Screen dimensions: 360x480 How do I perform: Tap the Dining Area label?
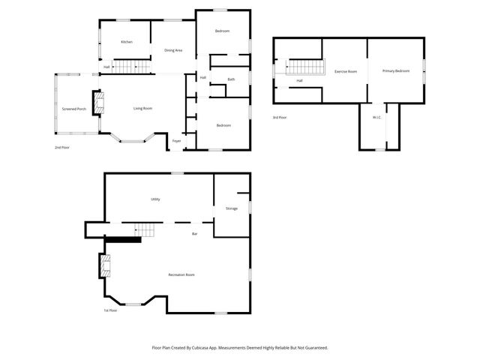173,50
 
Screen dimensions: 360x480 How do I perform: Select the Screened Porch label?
73,109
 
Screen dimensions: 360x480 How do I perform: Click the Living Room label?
142,109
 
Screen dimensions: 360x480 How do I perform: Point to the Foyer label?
177,140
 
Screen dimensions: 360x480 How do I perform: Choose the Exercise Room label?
345,71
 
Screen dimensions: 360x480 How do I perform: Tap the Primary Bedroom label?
395,70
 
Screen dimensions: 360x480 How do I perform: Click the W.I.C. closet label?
377,118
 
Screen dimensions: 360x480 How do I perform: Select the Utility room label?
155,199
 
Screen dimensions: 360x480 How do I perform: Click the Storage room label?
232,208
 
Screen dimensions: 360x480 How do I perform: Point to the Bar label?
194,234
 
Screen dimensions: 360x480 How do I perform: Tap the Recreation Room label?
181,275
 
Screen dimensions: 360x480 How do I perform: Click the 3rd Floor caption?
279,118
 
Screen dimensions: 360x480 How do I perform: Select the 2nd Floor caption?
63,148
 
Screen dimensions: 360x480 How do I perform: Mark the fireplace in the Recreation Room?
104,266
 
